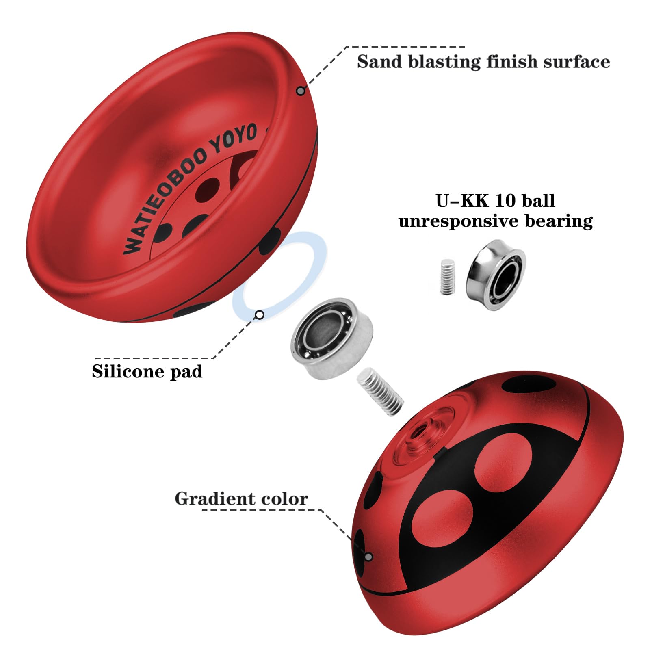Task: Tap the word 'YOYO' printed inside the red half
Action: pyautogui.click(x=235, y=138)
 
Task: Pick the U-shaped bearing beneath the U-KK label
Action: pyautogui.click(x=496, y=274)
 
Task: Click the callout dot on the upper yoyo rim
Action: pyautogui.click(x=300, y=91)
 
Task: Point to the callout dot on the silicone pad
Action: pyautogui.click(x=260, y=314)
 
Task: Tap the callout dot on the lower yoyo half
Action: pyautogui.click(x=368, y=556)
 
